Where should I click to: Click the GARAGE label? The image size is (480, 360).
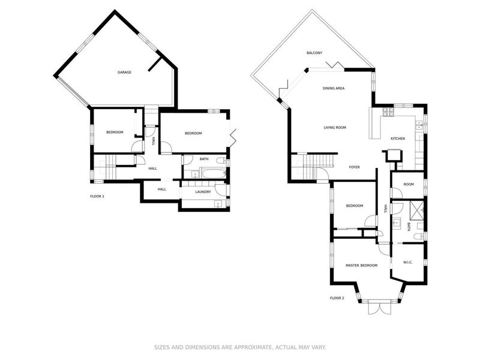tap(124, 72)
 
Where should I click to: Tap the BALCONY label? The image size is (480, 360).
tap(314, 53)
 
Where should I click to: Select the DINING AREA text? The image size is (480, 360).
tap(333, 88)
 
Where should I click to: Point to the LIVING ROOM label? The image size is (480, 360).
tap(335, 127)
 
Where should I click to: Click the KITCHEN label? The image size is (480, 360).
tap(398, 139)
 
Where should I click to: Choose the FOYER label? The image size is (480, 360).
tap(355, 167)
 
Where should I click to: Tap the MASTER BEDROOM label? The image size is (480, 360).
tap(361, 265)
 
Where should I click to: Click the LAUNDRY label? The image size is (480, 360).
tap(203, 192)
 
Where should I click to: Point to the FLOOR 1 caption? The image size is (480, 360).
tap(97, 196)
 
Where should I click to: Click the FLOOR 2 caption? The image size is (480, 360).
tap(337, 298)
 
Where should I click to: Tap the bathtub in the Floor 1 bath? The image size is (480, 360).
tap(208, 174)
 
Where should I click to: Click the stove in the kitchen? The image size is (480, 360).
tap(418, 124)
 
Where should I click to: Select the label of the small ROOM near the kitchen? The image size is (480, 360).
tap(409, 184)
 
